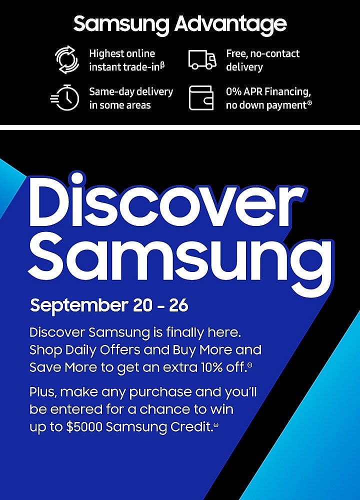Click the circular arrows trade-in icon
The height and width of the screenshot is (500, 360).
(x=66, y=59)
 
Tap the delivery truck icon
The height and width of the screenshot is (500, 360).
(x=202, y=59)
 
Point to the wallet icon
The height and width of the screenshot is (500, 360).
(x=201, y=98)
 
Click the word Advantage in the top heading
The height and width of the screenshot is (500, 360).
(x=230, y=24)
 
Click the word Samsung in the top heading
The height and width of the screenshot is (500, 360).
(x=121, y=24)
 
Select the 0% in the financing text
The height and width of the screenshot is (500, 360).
(x=233, y=91)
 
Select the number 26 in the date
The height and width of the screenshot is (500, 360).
(x=178, y=305)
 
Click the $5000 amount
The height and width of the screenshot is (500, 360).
(x=84, y=427)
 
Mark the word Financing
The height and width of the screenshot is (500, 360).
(x=287, y=92)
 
